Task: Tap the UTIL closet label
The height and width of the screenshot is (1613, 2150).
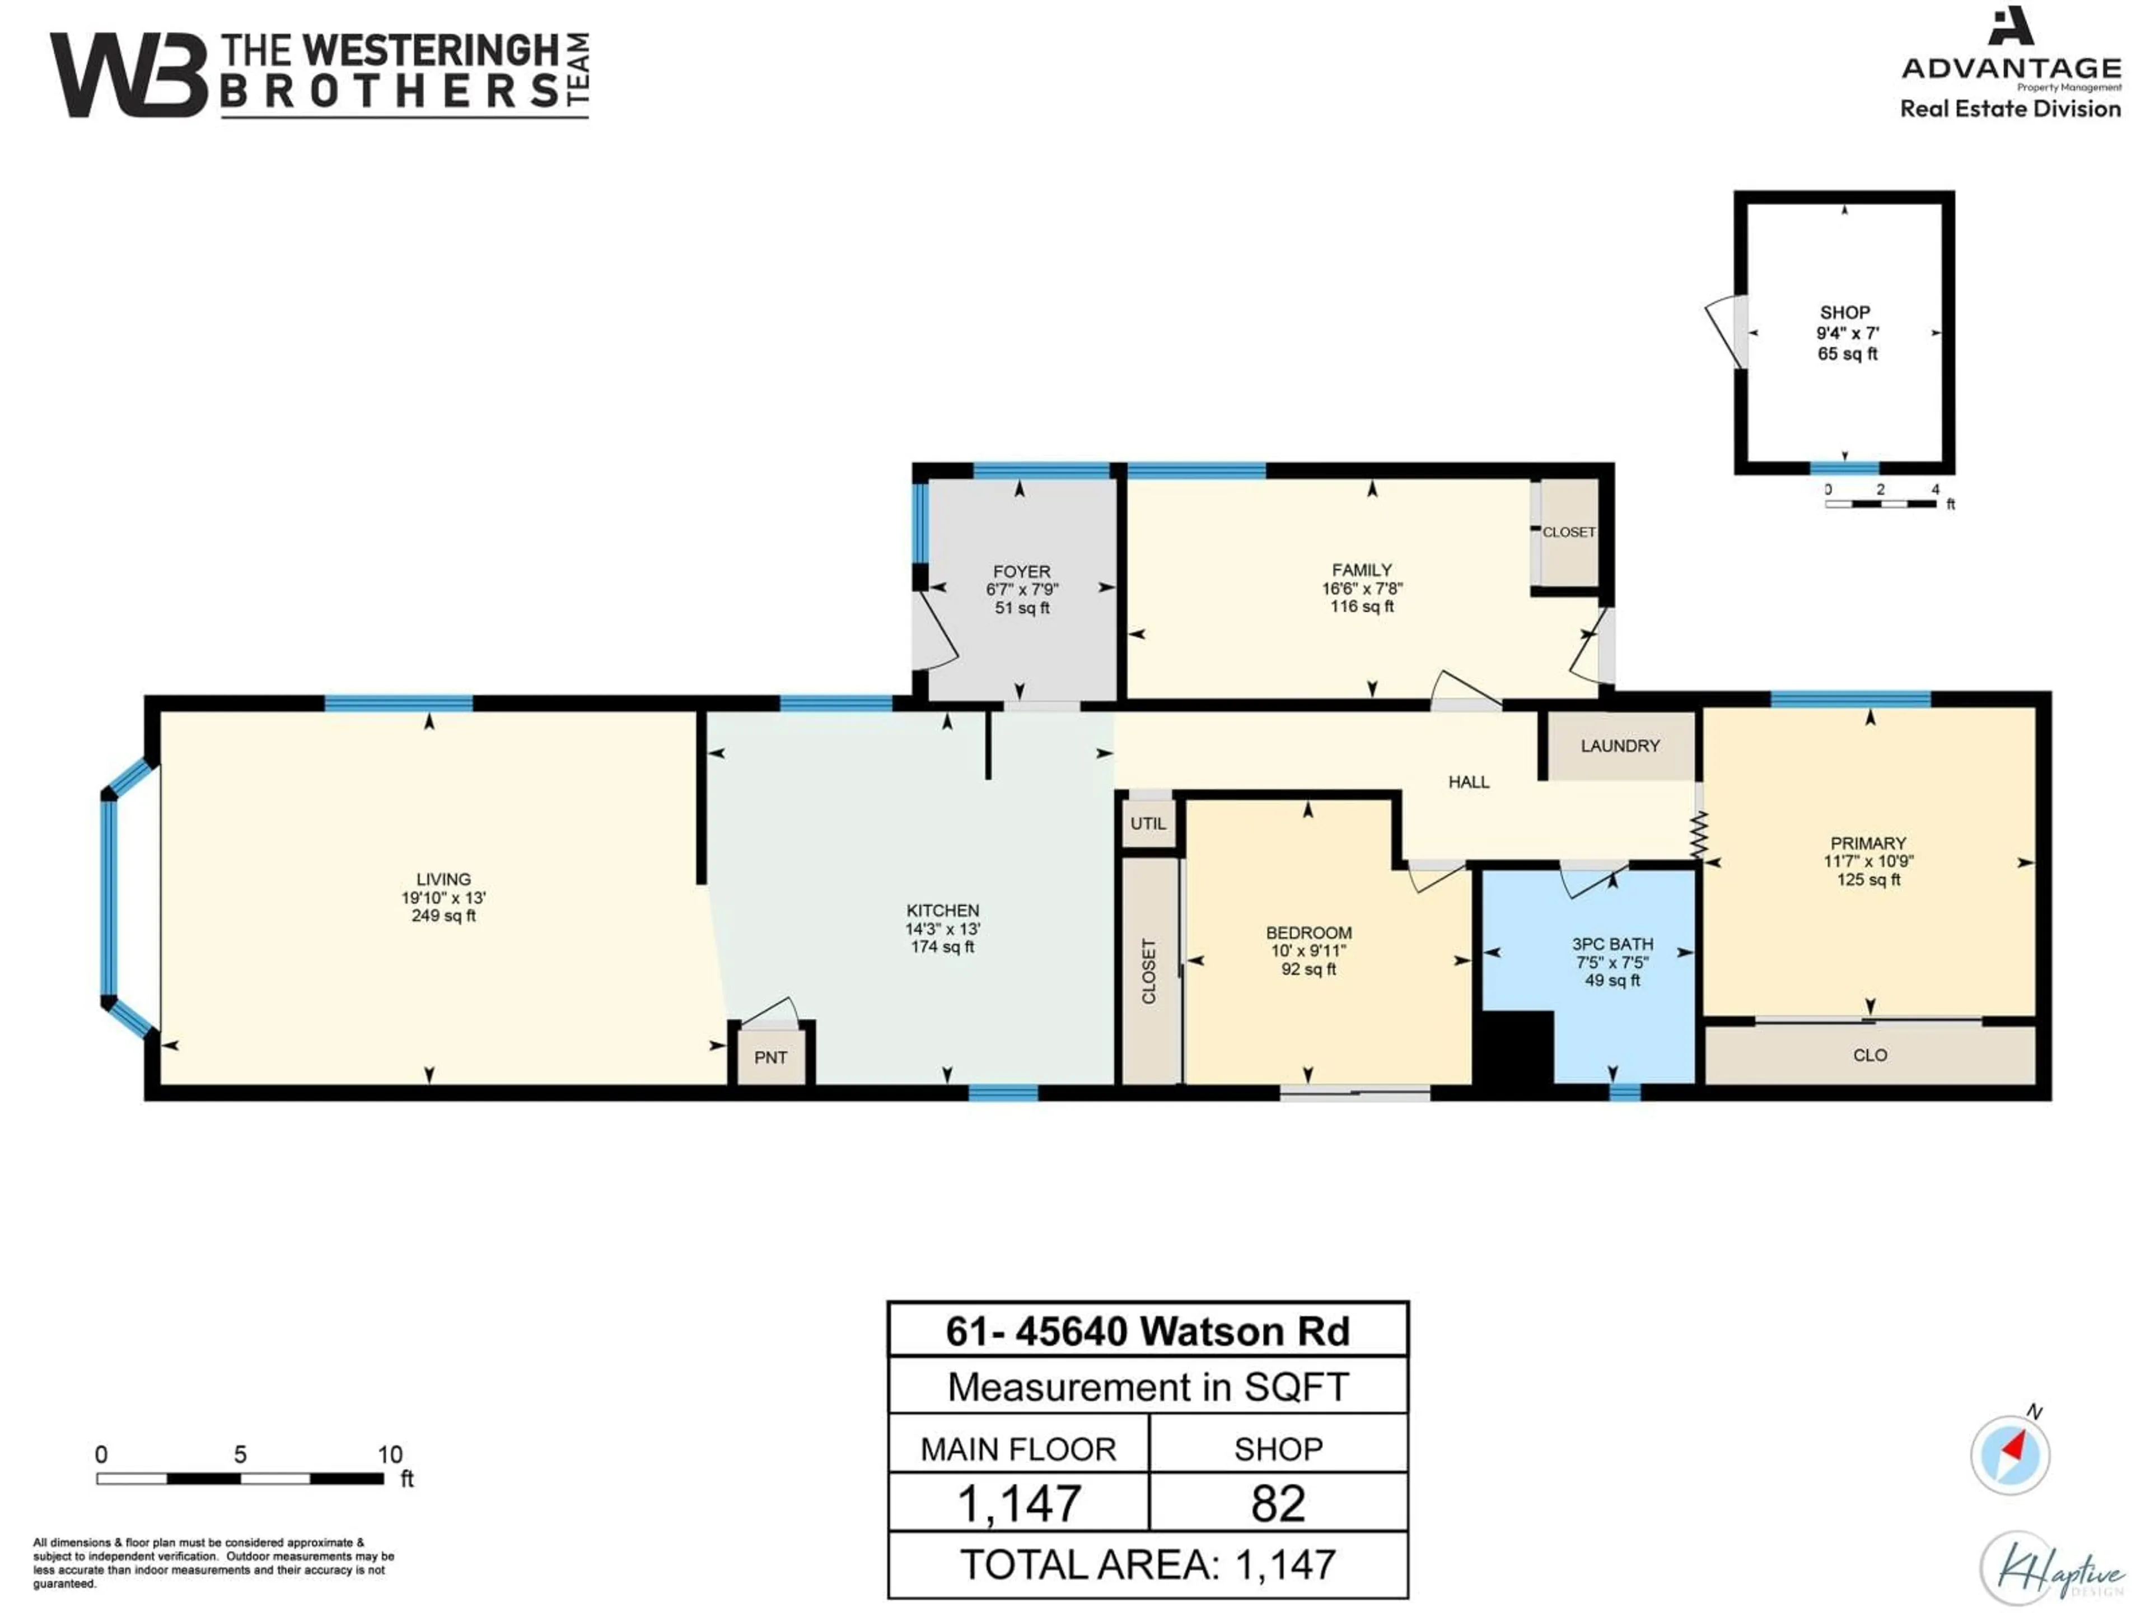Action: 1148,823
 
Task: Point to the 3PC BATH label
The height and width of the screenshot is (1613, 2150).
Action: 1612,944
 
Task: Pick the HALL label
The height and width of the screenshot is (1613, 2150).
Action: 1469,782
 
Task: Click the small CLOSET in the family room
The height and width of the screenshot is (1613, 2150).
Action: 1568,533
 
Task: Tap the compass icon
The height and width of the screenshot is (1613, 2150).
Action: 2010,1455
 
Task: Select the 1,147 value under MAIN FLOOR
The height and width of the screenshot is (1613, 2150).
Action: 1018,1503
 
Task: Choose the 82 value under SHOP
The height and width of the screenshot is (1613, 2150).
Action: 1278,1503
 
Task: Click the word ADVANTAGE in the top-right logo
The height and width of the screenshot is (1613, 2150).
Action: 2011,68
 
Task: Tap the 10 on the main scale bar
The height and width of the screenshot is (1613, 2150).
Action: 390,1455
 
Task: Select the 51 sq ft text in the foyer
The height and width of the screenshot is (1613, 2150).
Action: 1022,608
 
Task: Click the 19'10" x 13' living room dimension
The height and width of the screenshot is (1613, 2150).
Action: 443,897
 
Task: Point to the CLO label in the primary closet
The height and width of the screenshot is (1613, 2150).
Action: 1870,1055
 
